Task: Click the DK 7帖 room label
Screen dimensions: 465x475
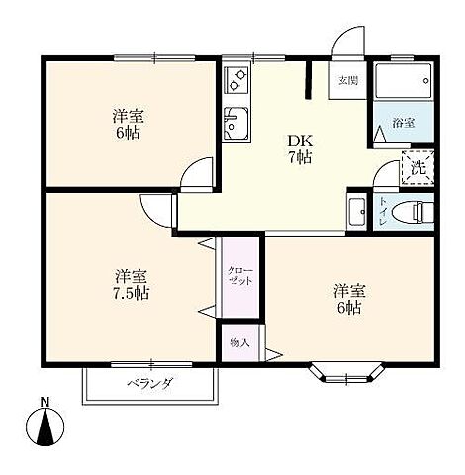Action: click(x=300, y=149)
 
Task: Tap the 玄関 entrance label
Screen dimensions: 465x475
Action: click(x=348, y=80)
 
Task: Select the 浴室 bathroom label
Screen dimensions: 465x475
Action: click(x=404, y=123)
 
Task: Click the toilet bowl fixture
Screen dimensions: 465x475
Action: click(x=412, y=213)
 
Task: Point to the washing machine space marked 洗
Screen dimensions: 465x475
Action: click(x=418, y=167)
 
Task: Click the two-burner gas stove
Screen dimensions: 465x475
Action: click(x=236, y=80)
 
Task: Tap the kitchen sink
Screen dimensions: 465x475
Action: click(x=235, y=123)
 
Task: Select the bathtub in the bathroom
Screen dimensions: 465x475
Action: click(x=404, y=81)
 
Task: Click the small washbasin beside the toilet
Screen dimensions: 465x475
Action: click(x=356, y=212)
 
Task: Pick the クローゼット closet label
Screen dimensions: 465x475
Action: click(x=240, y=276)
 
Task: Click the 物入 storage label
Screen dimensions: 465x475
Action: click(x=239, y=343)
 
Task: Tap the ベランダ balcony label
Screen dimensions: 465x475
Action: click(x=149, y=383)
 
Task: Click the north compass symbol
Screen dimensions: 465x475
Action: click(x=45, y=427)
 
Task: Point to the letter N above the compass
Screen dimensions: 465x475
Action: click(x=45, y=402)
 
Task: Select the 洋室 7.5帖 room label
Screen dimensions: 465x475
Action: click(x=132, y=284)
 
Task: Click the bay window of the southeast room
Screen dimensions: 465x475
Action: click(x=347, y=374)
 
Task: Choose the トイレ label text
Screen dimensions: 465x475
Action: click(x=383, y=212)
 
